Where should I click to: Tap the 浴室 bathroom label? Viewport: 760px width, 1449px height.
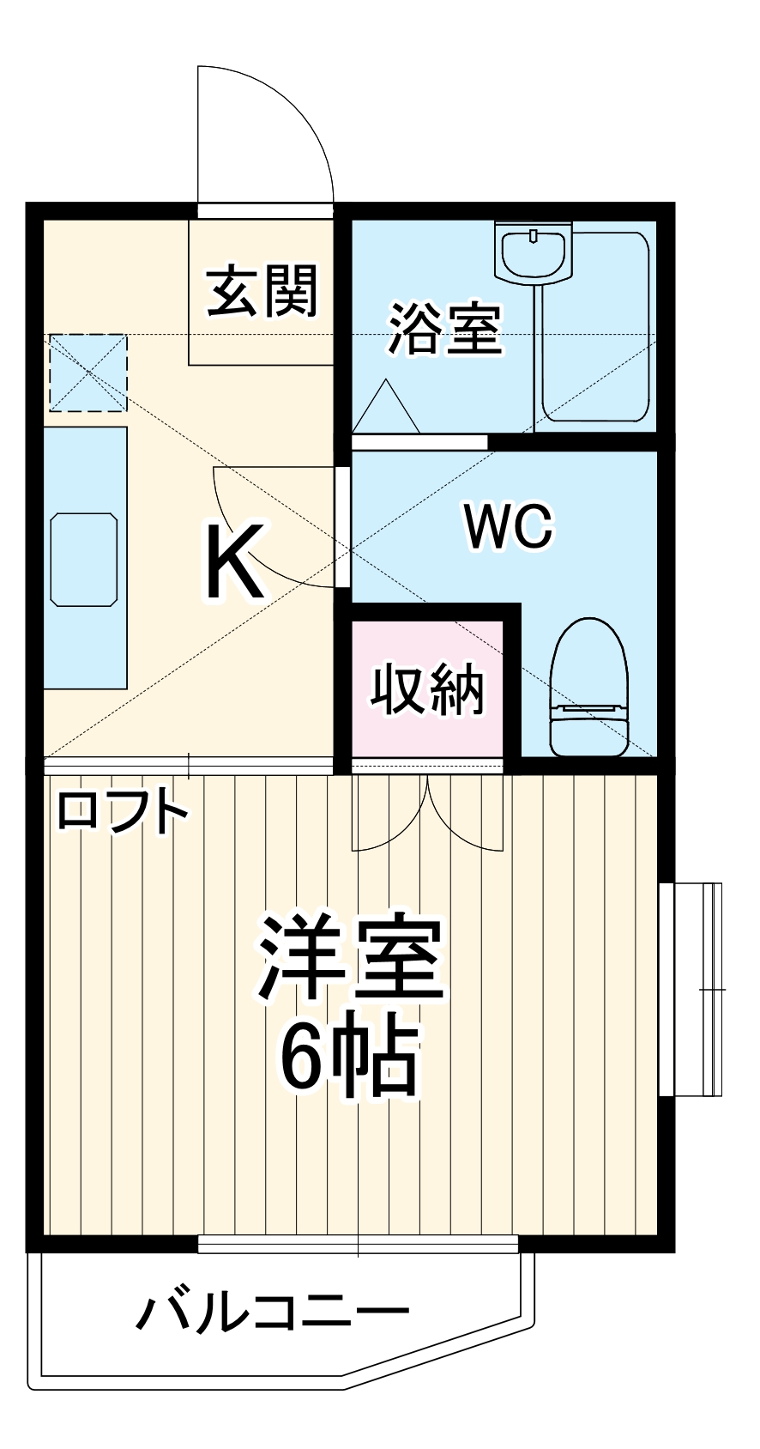(443, 329)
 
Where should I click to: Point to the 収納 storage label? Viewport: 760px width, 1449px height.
(428, 689)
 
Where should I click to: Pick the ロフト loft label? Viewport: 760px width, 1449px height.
(122, 810)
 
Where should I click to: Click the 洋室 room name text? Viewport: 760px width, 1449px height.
(352, 960)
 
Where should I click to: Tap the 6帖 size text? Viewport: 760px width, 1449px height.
(350, 1056)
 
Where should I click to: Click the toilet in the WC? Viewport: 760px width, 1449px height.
(588, 688)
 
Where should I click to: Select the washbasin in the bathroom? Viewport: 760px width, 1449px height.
(534, 252)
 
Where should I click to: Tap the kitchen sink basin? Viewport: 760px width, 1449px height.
(84, 560)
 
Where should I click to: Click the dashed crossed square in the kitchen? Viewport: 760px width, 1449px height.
(87, 373)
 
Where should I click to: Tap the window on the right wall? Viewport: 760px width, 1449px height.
(691, 989)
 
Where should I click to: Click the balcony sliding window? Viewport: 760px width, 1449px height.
(359, 1243)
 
